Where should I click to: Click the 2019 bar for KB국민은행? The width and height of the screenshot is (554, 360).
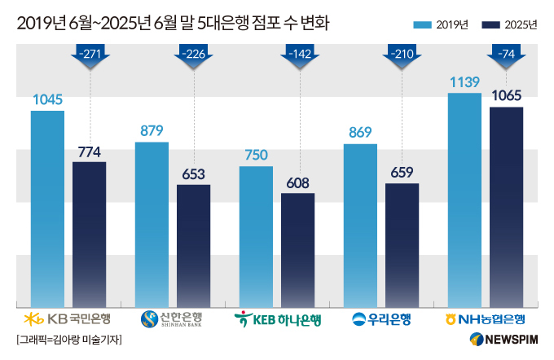47,208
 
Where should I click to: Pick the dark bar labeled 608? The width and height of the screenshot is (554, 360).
298,249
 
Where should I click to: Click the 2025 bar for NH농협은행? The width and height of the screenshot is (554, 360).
506,207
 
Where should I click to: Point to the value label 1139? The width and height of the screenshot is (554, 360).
464,81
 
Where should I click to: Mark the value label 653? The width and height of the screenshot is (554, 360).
193,173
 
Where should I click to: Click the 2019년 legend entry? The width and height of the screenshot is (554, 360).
441,25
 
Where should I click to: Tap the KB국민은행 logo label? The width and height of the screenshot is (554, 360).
68,318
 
